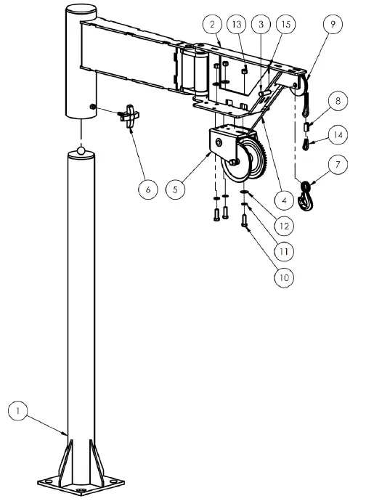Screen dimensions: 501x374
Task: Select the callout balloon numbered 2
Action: (x=211, y=25)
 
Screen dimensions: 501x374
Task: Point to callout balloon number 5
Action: (x=174, y=190)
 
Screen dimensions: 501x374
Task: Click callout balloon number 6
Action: (x=147, y=189)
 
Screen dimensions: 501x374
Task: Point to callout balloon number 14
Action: (x=336, y=134)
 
